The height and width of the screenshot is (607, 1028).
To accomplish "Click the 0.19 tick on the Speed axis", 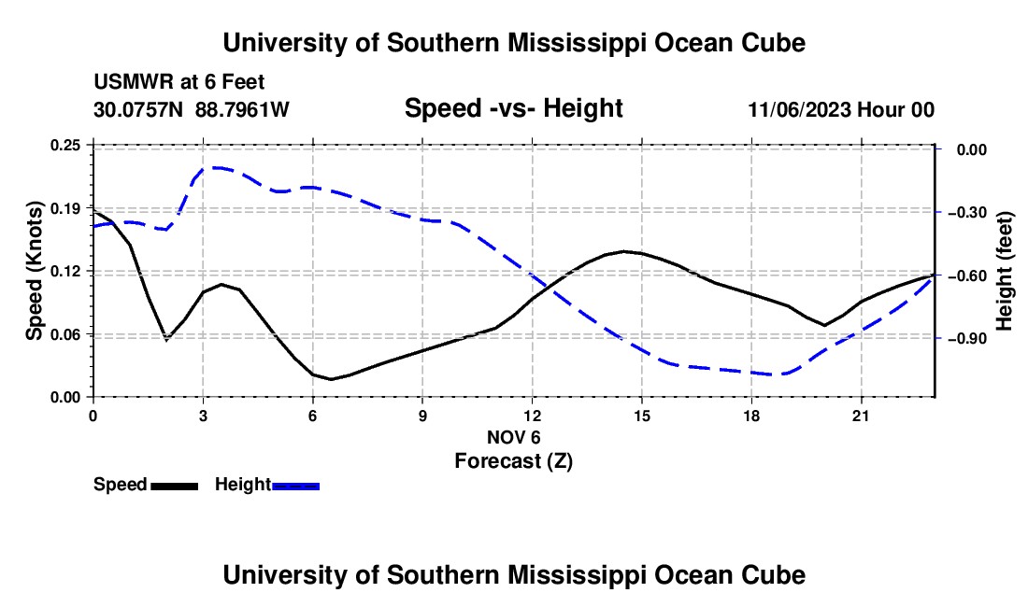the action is coord(64,208).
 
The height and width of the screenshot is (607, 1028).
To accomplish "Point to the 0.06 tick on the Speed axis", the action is coord(64,334).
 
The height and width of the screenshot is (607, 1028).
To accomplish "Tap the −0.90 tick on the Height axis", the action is coord(969,339).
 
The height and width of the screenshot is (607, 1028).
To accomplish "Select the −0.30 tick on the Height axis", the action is coord(969,213).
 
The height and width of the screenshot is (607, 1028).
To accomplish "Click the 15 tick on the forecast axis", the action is coord(642,416).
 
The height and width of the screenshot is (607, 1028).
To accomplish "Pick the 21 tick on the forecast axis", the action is coord(861,416).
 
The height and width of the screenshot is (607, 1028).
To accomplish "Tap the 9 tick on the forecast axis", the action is coord(422,416).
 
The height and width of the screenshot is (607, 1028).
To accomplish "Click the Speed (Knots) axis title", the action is coord(34,271).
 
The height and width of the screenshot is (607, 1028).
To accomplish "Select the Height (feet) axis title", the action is coord(1005,271).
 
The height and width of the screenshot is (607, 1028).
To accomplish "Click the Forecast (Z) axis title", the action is coord(513,461).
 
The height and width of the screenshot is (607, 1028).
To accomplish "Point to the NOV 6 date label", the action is coord(513,437).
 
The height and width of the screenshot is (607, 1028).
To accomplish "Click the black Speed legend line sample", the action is coord(175,487).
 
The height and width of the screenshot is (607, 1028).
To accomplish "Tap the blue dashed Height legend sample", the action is coord(295,487).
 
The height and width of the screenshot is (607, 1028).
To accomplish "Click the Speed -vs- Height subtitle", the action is coord(513,108).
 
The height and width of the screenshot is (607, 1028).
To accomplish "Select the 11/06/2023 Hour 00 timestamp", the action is coord(841,109).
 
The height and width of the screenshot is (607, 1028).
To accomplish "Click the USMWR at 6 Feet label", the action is coord(179,82).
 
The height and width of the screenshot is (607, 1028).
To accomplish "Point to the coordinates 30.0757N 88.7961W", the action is coord(192,109).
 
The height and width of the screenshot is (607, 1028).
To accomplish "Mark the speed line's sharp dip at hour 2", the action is coord(166,339).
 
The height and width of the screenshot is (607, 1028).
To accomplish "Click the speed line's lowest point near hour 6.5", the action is coord(331,379).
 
